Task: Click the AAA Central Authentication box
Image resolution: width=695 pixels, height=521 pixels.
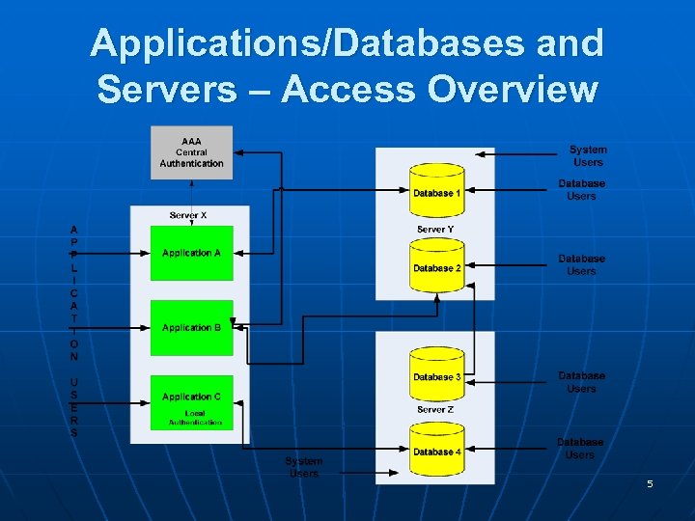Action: pos(191,152)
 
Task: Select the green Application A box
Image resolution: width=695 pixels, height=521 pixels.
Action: pos(191,254)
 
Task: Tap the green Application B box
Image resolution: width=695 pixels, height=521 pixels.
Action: pos(191,328)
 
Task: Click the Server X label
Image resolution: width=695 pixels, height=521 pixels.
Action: pos(188,215)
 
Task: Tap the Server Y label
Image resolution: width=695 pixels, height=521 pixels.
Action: pos(435,229)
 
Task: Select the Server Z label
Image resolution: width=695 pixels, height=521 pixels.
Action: pos(435,410)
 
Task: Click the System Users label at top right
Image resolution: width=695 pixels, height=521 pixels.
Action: pos(588,156)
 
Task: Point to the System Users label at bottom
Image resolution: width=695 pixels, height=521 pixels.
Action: pos(304,467)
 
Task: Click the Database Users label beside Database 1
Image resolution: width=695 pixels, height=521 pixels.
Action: pos(581,190)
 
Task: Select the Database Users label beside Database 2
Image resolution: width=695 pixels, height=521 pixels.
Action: pos(581,265)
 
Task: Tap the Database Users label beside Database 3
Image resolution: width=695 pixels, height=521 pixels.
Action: pos(581,382)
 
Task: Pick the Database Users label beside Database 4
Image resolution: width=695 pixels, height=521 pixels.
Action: pos(580,449)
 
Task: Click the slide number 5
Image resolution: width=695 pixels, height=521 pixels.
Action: pos(650,483)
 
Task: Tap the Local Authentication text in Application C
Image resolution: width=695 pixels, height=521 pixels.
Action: pos(195,419)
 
